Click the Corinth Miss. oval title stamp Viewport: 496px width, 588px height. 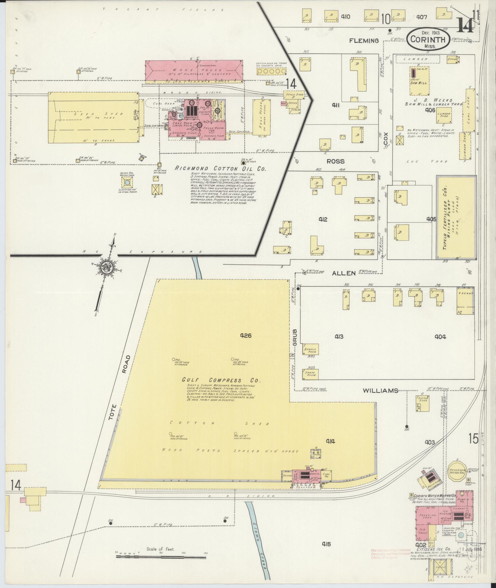pos(427,38)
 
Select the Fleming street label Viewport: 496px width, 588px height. pos(364,41)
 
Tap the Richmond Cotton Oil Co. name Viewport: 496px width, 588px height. pos(220,169)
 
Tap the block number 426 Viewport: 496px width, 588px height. pos(246,336)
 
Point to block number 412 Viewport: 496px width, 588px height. pos(323,219)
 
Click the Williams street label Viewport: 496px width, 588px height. pos(380,391)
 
